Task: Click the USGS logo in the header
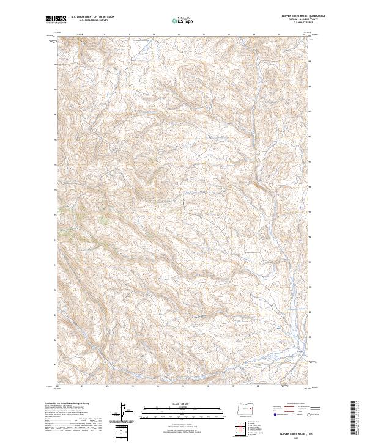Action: click(56, 20)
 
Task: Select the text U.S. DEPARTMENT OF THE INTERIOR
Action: click(92, 17)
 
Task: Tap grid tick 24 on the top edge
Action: click(154, 35)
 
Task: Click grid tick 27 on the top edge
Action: click(229, 35)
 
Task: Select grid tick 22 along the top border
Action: click(103, 35)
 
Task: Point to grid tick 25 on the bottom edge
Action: click(183, 386)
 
